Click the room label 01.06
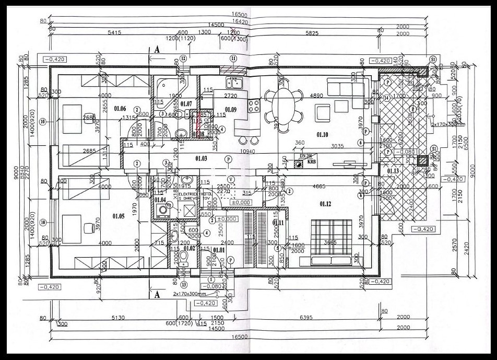pyautogui.click(x=120, y=108)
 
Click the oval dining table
pyautogui.click(x=283, y=100)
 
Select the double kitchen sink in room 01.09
pyautogui.click(x=232, y=83)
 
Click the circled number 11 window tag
pyautogui.click(x=233, y=58)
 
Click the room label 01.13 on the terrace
pyautogui.click(x=393, y=170)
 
